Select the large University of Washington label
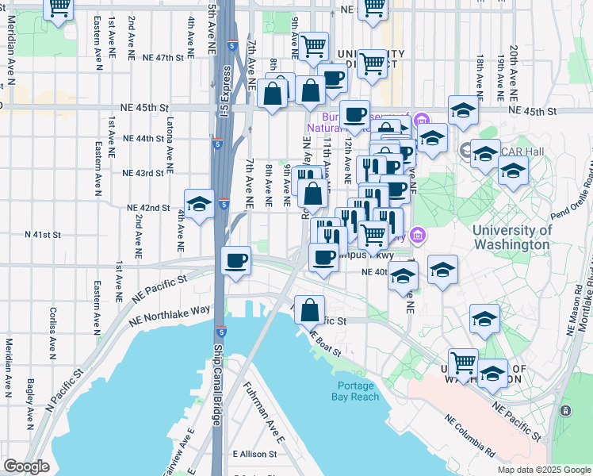tap(511, 237)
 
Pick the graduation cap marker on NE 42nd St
tap(199, 204)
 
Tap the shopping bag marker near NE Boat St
tap(310, 309)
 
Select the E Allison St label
tap(255, 455)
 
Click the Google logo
tap(26, 466)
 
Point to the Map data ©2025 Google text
tap(544, 470)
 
